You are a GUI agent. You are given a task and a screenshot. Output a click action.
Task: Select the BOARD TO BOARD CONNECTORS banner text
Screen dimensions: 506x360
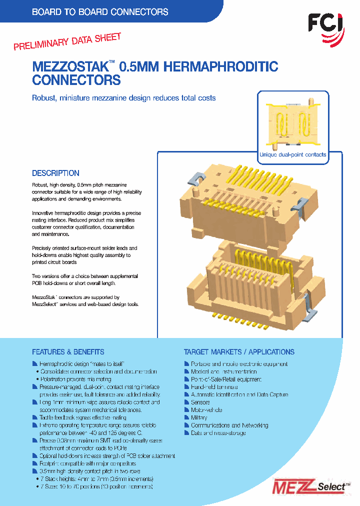(x=100, y=12)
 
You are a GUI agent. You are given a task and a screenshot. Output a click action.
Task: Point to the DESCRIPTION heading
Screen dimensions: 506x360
(x=55, y=173)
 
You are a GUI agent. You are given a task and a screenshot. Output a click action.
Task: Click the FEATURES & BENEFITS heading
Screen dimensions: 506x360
(x=68, y=352)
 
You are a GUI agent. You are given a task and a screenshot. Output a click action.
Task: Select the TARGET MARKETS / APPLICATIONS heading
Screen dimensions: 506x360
(x=239, y=352)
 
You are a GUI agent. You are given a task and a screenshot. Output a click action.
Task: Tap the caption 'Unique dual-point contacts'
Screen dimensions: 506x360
(x=292, y=155)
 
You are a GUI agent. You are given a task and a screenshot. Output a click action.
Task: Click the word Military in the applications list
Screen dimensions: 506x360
(x=199, y=417)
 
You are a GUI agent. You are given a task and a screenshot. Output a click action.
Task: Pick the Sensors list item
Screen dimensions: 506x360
(x=200, y=402)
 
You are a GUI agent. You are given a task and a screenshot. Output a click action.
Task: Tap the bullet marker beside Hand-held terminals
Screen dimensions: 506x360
(x=187, y=387)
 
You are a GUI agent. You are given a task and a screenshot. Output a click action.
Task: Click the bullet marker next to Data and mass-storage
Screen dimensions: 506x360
(x=187, y=433)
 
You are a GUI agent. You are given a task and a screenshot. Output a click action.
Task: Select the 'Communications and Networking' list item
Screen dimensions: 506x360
(x=229, y=425)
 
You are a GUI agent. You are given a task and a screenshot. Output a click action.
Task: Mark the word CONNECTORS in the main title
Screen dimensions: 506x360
(x=76, y=80)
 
